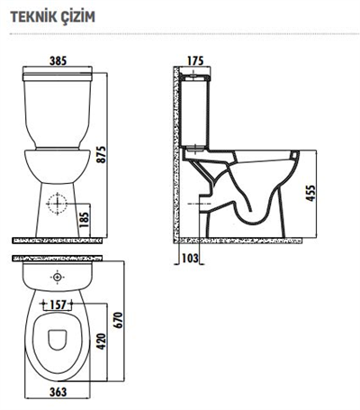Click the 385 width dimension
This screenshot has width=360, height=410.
[58, 61]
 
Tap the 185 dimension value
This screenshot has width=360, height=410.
[85, 218]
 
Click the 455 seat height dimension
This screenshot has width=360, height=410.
[310, 195]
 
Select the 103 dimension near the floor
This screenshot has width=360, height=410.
[188, 260]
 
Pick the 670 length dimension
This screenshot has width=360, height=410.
[117, 318]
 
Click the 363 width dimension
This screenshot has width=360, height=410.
[58, 393]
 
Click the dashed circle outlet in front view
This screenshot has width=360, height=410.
[58, 203]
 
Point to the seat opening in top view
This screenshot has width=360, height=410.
[58, 339]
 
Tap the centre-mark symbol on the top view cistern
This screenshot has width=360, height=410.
[58, 278]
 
